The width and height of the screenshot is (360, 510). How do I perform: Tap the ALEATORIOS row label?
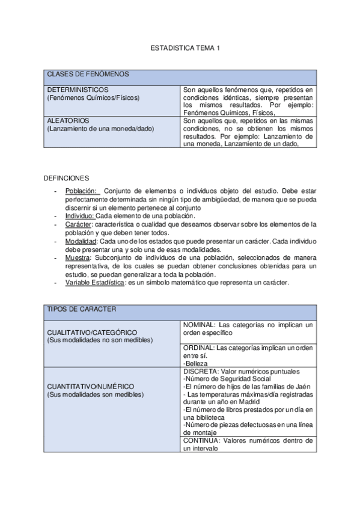68,120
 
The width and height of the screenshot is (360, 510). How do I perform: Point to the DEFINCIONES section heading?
67,178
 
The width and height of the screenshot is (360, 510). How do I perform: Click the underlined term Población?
81,191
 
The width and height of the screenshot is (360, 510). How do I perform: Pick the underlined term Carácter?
78,224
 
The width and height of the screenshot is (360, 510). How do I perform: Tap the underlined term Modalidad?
81,241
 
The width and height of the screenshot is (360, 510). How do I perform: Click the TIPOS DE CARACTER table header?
81,309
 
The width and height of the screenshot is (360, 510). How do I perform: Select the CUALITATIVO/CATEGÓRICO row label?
92,332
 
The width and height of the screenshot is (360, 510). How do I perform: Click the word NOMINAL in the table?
198,324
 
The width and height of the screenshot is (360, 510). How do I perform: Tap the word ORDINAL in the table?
198,348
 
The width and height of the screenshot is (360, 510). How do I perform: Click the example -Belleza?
196,363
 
